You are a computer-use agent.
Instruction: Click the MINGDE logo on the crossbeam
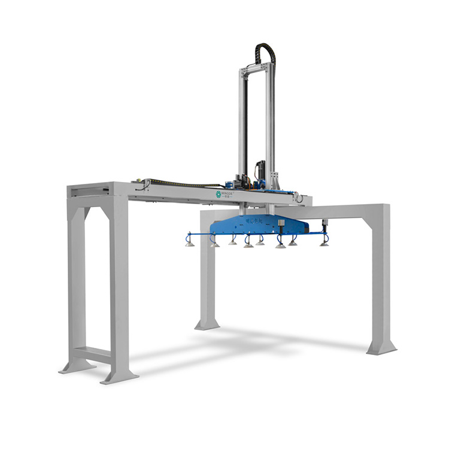225,195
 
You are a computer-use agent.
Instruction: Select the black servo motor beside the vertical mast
259,168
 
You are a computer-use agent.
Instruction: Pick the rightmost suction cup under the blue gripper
324,242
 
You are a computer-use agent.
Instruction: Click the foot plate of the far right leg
381,348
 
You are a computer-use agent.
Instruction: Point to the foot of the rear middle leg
207,326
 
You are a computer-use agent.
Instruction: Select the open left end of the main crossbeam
89,190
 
